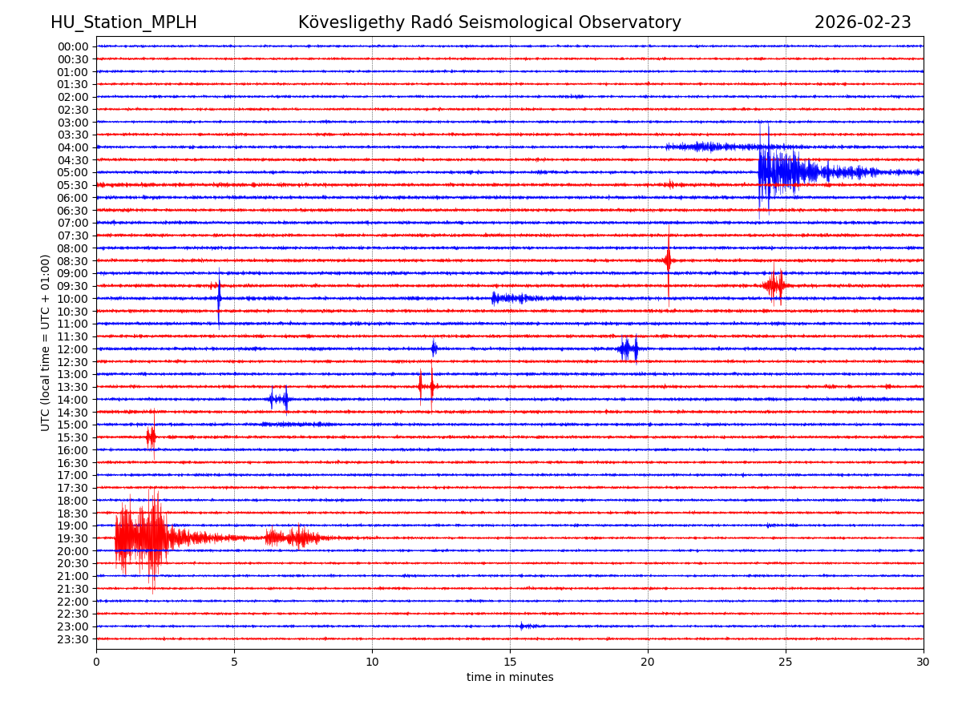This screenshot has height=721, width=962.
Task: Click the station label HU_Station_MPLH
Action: (x=123, y=22)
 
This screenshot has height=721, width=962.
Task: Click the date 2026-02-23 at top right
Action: (x=863, y=22)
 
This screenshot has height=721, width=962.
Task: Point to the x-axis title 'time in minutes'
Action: (x=510, y=678)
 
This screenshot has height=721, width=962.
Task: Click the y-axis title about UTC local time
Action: (x=46, y=342)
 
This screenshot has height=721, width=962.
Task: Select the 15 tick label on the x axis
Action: (x=510, y=663)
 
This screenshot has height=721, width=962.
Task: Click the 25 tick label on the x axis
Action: (x=786, y=663)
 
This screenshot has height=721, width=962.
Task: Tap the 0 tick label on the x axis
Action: (x=96, y=663)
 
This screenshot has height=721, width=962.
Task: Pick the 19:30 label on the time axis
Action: (x=73, y=538)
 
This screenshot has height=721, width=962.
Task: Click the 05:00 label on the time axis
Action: (x=73, y=172)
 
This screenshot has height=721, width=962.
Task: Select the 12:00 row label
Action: (x=73, y=349)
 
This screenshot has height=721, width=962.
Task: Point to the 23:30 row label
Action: (x=73, y=639)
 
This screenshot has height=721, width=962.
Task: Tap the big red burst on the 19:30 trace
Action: (x=144, y=537)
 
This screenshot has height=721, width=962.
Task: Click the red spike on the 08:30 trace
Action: (x=668, y=260)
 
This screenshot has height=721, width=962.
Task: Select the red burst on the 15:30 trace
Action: (x=151, y=437)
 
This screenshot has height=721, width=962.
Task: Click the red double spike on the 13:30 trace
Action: (x=426, y=386)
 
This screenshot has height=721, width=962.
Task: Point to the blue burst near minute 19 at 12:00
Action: (x=629, y=348)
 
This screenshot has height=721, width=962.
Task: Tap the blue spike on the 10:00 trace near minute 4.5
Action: (x=219, y=298)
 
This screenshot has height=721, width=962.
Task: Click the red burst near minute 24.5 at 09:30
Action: (x=775, y=285)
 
